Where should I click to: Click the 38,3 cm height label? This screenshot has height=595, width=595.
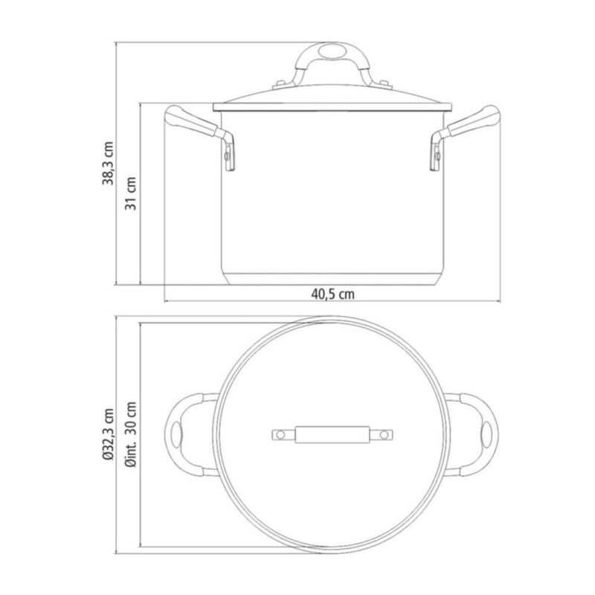point(108,164)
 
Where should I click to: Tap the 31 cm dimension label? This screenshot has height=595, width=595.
point(131,193)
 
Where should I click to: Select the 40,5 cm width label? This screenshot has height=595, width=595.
point(332,294)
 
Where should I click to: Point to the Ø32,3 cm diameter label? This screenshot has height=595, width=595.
point(108,434)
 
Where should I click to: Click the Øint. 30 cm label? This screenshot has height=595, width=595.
point(132,434)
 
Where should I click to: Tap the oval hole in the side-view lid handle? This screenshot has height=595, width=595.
point(332,51)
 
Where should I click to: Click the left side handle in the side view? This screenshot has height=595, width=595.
point(200,133)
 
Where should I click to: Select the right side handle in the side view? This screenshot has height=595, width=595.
point(464,133)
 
